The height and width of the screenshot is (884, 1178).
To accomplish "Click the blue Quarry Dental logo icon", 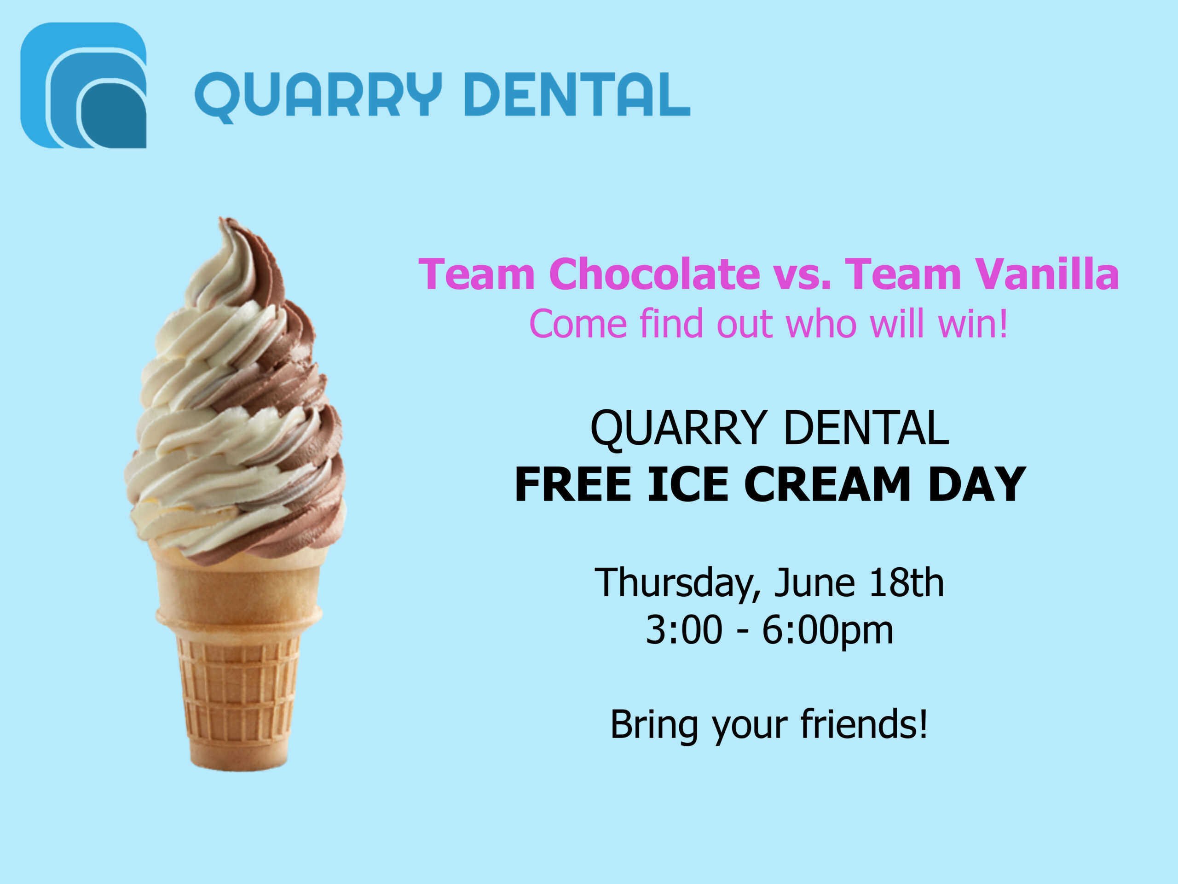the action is click(x=83, y=85).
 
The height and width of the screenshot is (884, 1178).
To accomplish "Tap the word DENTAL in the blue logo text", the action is click(x=577, y=94).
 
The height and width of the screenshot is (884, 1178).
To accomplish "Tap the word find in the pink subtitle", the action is click(x=671, y=323).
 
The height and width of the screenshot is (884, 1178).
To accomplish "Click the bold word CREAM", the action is click(x=827, y=484).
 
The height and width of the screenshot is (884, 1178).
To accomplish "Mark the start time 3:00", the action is click(x=684, y=630).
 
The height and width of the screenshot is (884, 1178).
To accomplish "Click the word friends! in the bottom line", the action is click(x=864, y=725).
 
